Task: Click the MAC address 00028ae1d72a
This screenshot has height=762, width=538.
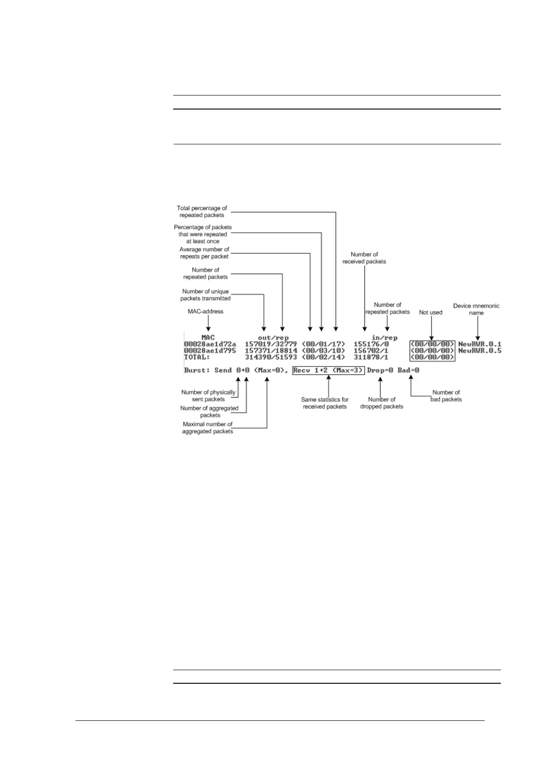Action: click(210, 344)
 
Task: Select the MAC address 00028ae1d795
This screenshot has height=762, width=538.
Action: click(210, 351)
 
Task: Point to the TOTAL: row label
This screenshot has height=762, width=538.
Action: click(197, 357)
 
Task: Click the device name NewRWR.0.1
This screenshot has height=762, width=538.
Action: click(480, 344)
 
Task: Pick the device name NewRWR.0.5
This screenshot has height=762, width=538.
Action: click(480, 351)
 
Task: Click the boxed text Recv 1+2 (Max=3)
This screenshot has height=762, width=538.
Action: click(328, 371)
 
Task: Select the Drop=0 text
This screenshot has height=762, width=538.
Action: click(380, 371)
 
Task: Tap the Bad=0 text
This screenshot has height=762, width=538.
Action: click(408, 371)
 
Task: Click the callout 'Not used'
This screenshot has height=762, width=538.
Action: click(430, 313)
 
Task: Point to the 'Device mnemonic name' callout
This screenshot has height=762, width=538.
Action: click(476, 310)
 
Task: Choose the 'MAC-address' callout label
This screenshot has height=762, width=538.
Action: click(205, 312)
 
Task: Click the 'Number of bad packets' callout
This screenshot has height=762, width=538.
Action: click(446, 396)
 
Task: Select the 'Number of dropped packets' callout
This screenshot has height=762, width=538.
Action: click(382, 403)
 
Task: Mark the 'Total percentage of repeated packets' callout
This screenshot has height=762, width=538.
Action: click(202, 212)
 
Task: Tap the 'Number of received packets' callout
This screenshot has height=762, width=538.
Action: click(364, 258)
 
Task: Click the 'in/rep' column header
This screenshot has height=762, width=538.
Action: click(384, 338)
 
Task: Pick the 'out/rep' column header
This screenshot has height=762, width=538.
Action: click(273, 338)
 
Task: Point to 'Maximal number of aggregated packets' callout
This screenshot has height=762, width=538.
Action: click(208, 428)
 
